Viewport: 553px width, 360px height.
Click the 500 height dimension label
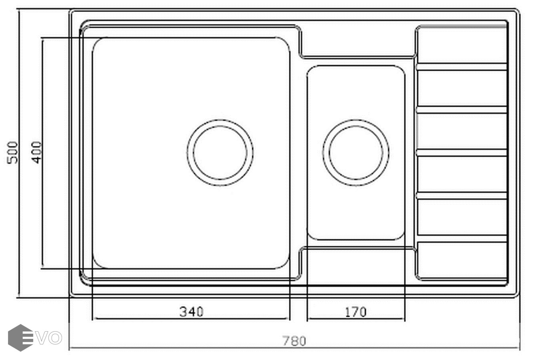pyautogui.click(x=12, y=152)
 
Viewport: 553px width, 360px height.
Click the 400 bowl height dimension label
pyautogui.click(x=37, y=152)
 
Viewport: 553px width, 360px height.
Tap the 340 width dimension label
pyautogui.click(x=191, y=312)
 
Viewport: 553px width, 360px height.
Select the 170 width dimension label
pyautogui.click(x=355, y=312)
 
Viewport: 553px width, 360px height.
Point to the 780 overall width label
pyautogui.click(x=294, y=341)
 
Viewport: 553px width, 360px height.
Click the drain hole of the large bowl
pyautogui.click(x=220, y=152)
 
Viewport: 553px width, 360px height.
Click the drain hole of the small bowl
pyautogui.click(x=356, y=152)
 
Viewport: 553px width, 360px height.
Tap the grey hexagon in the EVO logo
pyautogui.click(x=20, y=338)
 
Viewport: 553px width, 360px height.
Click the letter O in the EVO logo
pyautogui.click(x=55, y=338)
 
